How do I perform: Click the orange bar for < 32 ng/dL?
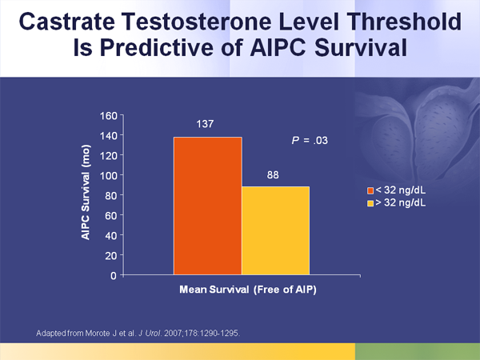pos(207,206)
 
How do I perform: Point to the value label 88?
pos(274,174)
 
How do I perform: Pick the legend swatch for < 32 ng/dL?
pos(370,190)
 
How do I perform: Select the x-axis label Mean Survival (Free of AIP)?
pos(242,290)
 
